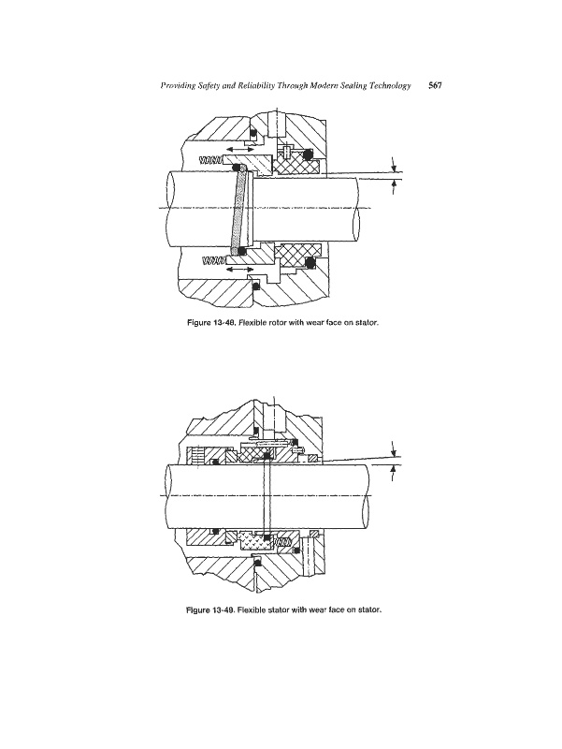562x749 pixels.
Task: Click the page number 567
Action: tap(435, 85)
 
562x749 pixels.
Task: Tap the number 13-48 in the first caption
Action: tap(223, 322)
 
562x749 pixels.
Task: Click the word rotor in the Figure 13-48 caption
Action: tap(272, 322)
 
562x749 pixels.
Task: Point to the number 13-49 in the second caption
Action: tap(223, 610)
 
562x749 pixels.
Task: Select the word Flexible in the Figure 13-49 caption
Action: tap(250, 610)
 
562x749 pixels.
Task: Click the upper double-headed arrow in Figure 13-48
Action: tap(240, 150)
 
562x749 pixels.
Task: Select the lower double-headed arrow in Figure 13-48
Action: tap(240, 270)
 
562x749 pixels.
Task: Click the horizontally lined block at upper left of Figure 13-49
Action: tap(195, 456)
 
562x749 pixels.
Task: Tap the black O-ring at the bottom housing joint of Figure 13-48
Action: tap(256, 286)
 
